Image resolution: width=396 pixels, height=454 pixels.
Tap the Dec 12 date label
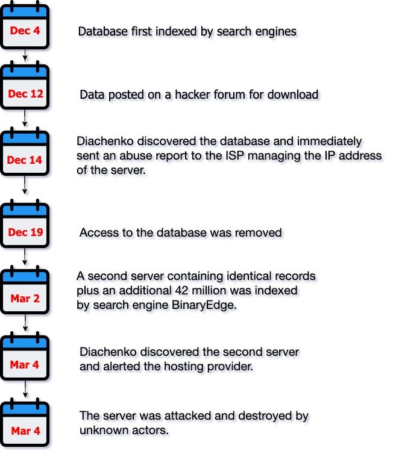pos(25,94)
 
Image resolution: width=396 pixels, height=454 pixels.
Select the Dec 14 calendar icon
pos(25,158)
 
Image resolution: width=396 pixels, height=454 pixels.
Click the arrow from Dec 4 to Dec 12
pos(25,55)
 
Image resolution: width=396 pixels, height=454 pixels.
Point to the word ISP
pos(244,157)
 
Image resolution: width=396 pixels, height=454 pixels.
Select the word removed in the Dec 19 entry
pos(260,232)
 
